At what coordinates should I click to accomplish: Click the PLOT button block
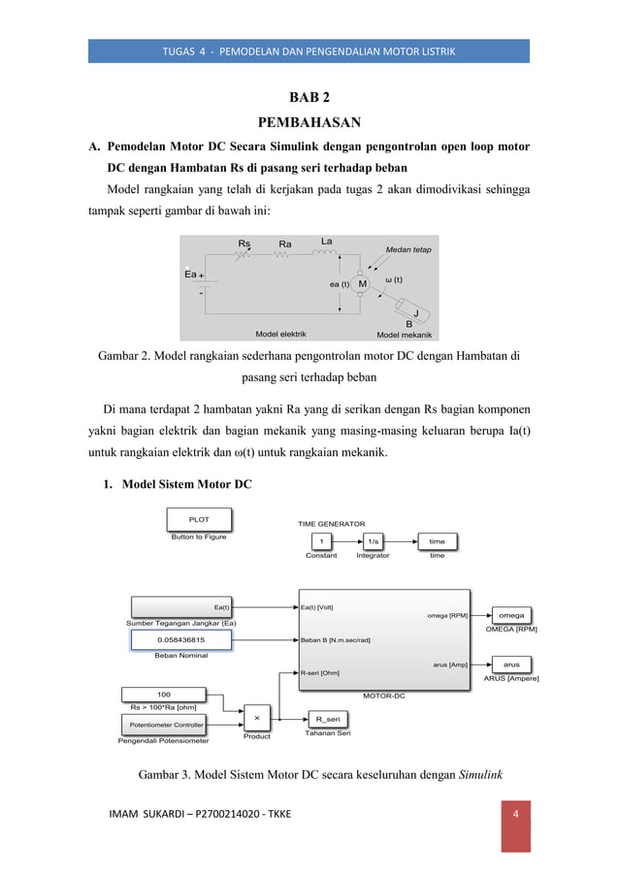point(199,520)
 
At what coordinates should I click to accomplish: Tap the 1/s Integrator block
point(374,541)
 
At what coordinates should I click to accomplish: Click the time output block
point(437,541)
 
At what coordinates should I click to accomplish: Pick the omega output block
point(511,615)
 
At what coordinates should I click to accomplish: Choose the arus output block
point(511,664)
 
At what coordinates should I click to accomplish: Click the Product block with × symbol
point(257,718)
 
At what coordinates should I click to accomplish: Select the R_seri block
point(327,719)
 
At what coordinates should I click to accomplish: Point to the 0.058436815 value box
point(181,640)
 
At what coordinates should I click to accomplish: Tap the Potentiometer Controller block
point(167,725)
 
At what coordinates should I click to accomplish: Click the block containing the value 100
point(164,694)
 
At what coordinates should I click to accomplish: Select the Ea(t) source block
point(181,608)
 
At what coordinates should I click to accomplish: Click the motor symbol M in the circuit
point(361,283)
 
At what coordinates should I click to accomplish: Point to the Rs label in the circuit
point(244,244)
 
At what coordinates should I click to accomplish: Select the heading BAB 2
point(309,98)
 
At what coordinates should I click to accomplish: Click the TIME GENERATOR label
point(332,523)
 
